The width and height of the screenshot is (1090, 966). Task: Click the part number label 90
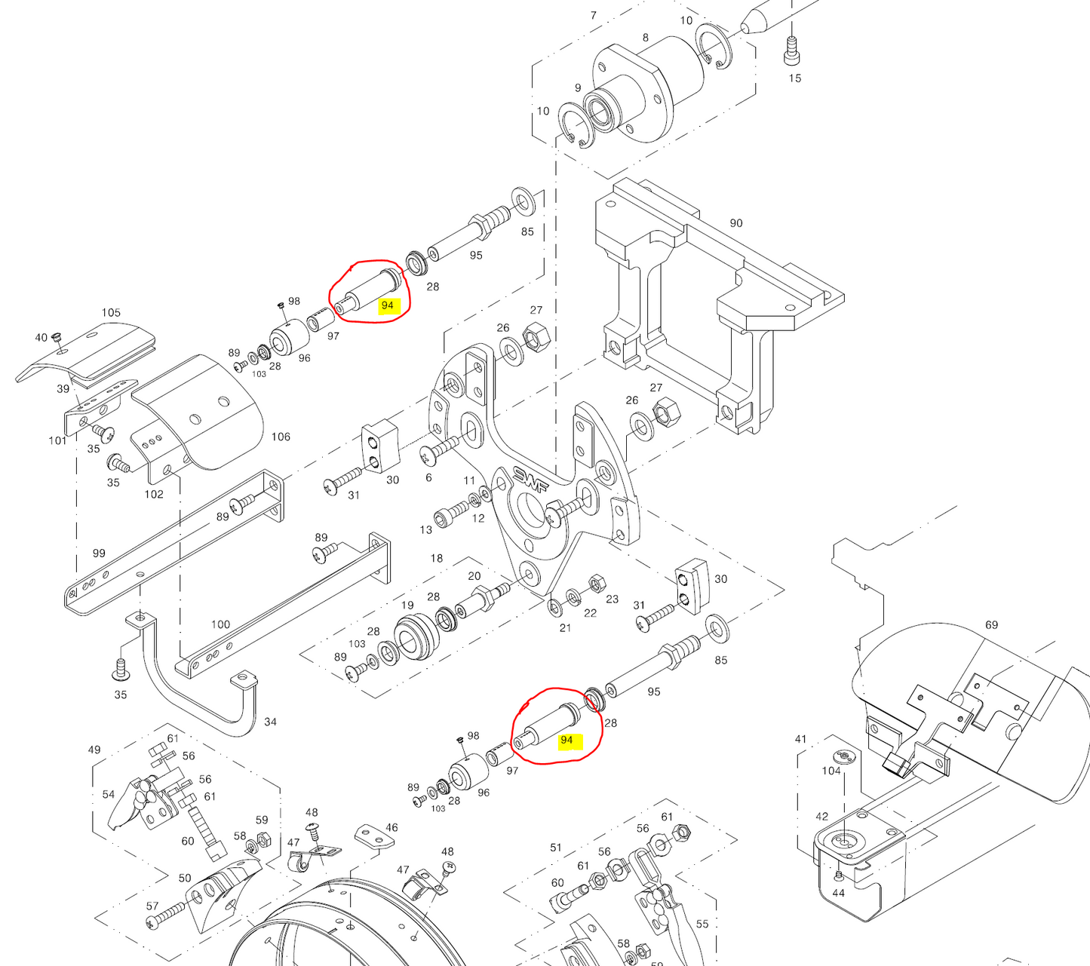pos(735,223)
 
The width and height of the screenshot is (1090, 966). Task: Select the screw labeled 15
pos(792,51)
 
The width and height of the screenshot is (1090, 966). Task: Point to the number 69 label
pos(991,624)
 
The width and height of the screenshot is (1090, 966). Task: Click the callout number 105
pos(111,312)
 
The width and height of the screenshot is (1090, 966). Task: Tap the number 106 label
pos(281,437)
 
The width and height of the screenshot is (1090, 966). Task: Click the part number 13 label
pos(425,529)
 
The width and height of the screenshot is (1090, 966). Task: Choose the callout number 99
pos(99,553)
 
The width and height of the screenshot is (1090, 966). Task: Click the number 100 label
pos(220,624)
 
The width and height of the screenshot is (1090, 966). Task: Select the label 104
pos(831,771)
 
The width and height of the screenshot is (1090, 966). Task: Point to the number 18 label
pos(437,558)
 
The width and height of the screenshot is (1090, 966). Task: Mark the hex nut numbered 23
pos(595,583)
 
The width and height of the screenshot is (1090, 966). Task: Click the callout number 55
pos(702,924)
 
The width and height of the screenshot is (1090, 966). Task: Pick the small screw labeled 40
pos(56,339)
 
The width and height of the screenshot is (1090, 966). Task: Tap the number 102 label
pos(153,494)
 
